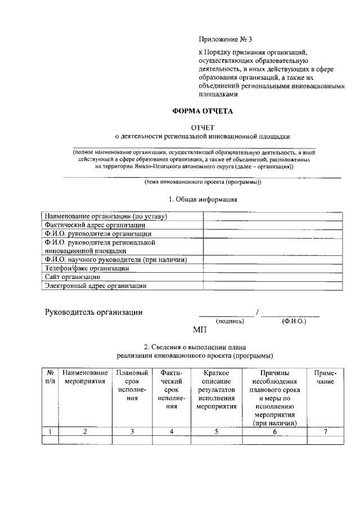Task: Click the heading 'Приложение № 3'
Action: point(226,39)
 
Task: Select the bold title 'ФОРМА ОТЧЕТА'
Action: point(202,111)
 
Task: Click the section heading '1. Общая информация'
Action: point(203,199)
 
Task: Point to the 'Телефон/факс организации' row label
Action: point(87,268)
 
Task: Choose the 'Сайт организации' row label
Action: point(73,277)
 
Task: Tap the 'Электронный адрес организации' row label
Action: point(96,286)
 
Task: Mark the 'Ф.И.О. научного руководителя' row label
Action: point(115,260)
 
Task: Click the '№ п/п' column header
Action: point(50,377)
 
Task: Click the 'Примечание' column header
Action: point(325,377)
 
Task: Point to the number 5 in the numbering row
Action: point(216,431)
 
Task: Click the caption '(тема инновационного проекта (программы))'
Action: point(202,182)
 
